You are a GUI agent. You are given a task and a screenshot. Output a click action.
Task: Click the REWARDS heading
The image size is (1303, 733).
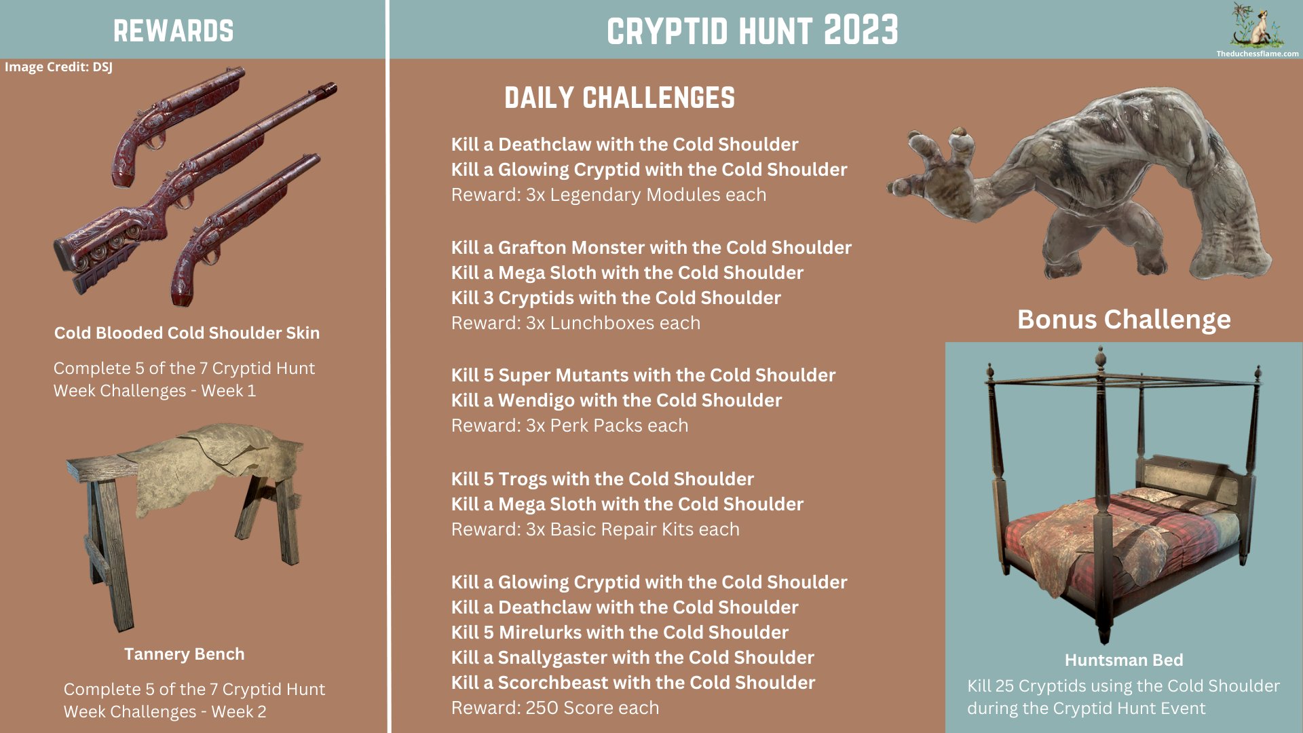coord(173,31)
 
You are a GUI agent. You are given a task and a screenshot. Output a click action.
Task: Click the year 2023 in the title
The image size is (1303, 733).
coord(861,31)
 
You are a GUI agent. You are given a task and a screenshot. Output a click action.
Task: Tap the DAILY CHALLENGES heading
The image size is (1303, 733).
coord(619,98)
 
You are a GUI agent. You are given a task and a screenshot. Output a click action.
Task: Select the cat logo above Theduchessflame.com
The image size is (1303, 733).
coord(1258,27)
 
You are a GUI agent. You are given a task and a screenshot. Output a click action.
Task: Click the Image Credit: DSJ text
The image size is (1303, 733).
coord(58,67)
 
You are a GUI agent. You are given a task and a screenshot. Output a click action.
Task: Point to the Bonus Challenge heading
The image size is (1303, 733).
coord(1123,319)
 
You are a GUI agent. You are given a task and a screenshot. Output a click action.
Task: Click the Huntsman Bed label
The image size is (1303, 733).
coord(1123,660)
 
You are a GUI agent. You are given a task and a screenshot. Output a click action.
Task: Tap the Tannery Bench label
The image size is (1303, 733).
coord(184,654)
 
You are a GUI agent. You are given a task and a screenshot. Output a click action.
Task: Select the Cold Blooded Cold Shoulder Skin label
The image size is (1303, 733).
coord(187,333)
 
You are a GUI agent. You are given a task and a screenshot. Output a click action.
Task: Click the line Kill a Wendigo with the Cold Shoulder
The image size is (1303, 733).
coord(616,400)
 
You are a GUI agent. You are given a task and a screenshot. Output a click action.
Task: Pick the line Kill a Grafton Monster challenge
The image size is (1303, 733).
coord(651,248)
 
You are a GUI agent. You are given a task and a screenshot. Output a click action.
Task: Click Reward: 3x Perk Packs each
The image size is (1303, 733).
coord(569,426)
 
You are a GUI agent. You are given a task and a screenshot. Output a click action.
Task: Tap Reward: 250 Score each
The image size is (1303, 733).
coord(554,708)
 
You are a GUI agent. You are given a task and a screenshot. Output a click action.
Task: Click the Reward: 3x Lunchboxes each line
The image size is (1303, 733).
coord(575,323)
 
